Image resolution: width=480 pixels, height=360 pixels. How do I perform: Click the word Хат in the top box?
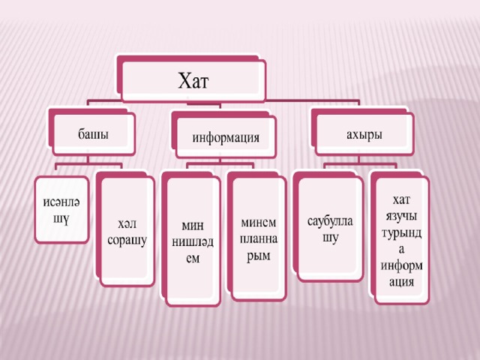193,81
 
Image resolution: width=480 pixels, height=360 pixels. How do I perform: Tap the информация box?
223,135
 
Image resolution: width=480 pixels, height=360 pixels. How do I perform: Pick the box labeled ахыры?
363,132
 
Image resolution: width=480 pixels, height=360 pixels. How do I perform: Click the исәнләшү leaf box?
61,210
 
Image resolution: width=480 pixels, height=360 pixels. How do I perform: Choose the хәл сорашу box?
126,229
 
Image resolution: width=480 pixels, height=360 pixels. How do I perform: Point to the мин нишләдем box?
191,238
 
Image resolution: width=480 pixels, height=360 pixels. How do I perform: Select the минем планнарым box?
257,236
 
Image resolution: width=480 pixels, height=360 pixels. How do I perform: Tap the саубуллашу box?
328,226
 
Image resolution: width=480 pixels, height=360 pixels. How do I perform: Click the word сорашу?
127,241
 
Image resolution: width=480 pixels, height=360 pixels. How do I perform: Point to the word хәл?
127,224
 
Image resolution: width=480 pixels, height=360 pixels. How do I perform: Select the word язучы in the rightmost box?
401,217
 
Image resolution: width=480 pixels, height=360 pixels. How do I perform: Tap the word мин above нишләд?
193,226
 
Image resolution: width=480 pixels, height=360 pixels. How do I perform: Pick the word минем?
258,223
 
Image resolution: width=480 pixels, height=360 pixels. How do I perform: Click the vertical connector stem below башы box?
88,160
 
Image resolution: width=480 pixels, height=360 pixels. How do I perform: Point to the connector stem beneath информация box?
220,160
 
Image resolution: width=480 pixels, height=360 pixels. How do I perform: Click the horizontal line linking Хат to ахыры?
312,100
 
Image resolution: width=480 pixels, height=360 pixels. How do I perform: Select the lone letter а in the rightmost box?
401,250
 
